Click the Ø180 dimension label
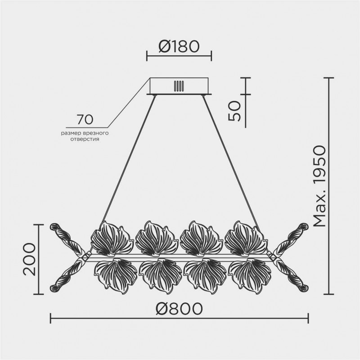tap(179, 46)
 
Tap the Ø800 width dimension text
tap(179, 308)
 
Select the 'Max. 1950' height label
tap(319, 186)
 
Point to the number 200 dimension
tap(29, 259)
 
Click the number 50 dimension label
tap(234, 111)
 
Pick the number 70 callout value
tap(85, 119)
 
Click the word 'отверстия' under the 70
tap(85, 139)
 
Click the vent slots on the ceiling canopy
tap(179, 86)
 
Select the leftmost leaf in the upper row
tap(112, 238)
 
